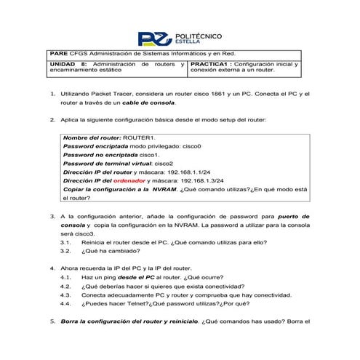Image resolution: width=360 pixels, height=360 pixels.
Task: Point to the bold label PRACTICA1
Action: (x=208, y=65)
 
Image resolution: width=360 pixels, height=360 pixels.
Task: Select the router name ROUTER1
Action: (x=140, y=137)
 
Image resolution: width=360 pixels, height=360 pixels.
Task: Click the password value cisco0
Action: (x=188, y=146)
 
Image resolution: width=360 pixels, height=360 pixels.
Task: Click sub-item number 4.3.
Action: (x=67, y=295)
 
